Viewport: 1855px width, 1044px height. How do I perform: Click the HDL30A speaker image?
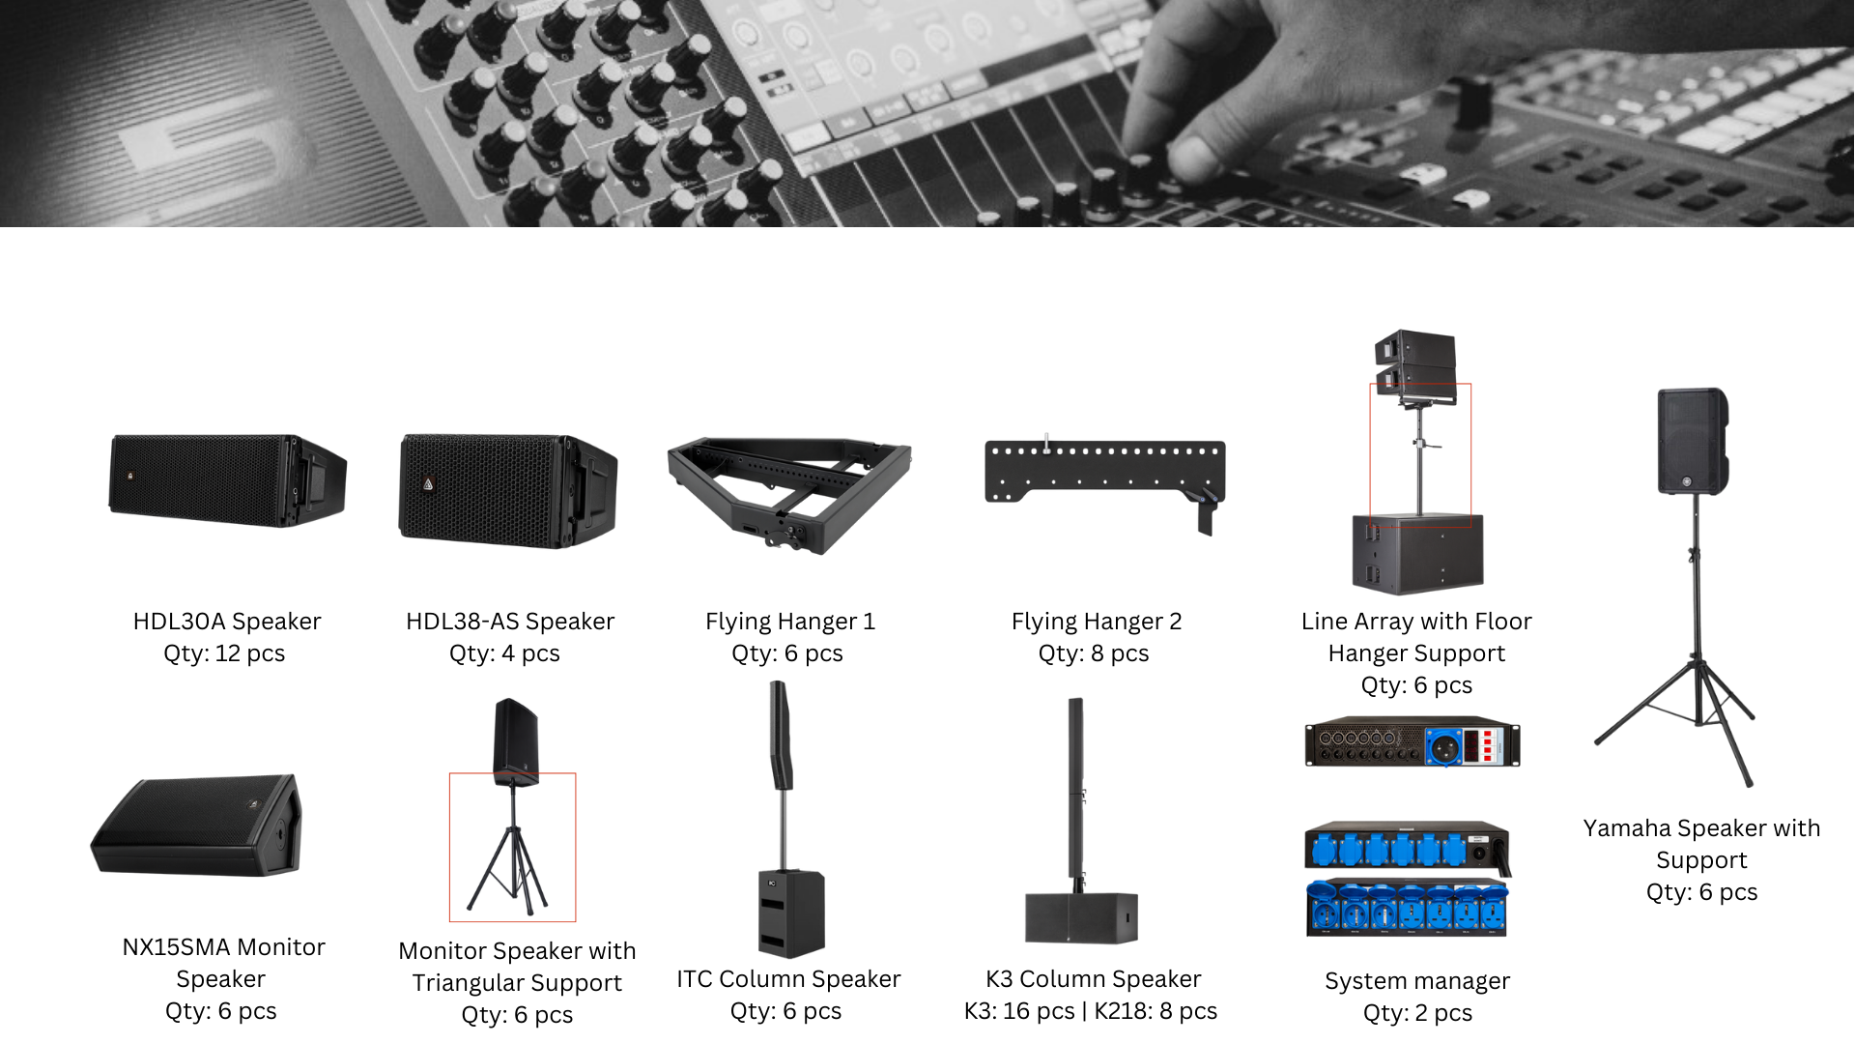pyautogui.click(x=228, y=479)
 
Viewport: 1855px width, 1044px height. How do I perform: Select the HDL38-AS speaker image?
pyautogui.click(x=508, y=490)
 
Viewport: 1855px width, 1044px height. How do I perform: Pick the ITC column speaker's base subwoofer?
pyautogui.click(x=791, y=913)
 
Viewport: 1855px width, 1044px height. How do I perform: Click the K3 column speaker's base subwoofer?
pyautogui.click(x=1081, y=917)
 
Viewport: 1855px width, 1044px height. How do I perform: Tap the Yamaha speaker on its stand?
pyautogui.click(x=1693, y=442)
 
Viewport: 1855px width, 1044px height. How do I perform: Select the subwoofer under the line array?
pyautogui.click(x=1417, y=554)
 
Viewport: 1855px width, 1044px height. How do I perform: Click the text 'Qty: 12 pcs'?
pyautogui.click(x=224, y=653)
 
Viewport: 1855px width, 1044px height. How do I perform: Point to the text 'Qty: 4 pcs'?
pyautogui.click(x=504, y=653)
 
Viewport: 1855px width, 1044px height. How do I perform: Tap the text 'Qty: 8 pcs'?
pyautogui.click(x=1094, y=653)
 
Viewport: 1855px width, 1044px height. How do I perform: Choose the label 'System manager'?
pyautogui.click(x=1417, y=981)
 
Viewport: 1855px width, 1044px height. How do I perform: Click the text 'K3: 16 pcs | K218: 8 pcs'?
pyautogui.click(x=1091, y=1011)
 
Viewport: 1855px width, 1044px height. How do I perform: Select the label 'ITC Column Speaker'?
pyautogui.click(x=788, y=979)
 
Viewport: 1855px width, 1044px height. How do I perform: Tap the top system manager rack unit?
pyautogui.click(x=1413, y=742)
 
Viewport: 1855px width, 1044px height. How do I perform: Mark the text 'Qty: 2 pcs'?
pyautogui.click(x=1417, y=1013)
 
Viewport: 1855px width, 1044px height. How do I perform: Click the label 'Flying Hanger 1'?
pyautogui.click(x=790, y=622)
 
